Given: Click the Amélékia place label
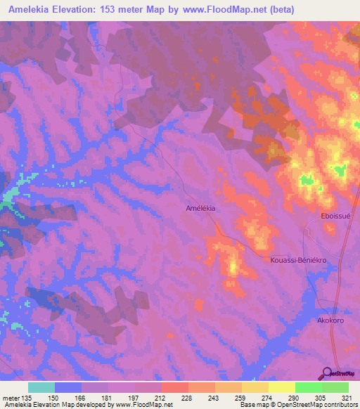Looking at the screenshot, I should point(200,209).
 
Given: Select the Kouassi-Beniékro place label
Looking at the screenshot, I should point(299,259).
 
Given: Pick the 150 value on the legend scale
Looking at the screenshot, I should point(55,397).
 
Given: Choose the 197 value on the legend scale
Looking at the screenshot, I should point(134,397).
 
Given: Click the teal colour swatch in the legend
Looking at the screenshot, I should point(41,387).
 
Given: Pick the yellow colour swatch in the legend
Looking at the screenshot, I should point(282,387).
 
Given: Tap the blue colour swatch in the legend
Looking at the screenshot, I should point(68,387).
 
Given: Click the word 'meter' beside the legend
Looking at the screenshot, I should point(9,397).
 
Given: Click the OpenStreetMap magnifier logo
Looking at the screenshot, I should point(326,373).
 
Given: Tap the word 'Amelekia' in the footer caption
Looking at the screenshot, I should point(16,405).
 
